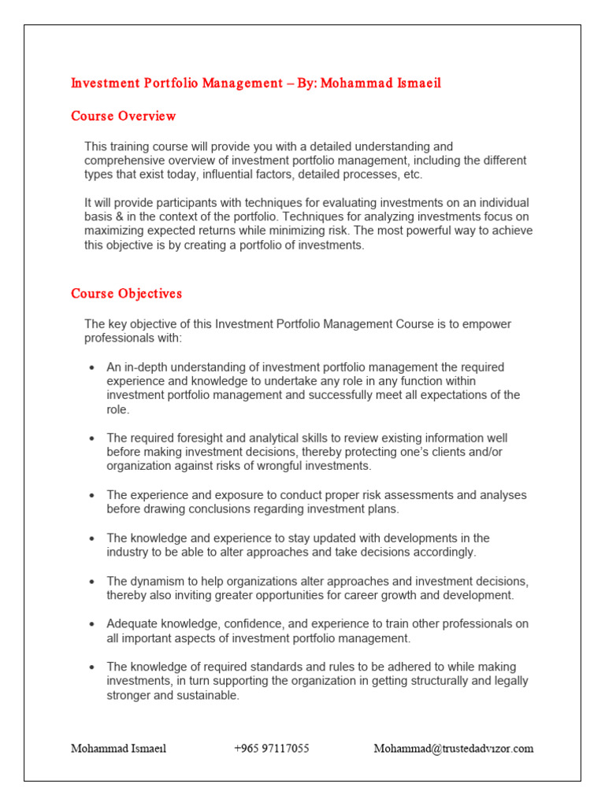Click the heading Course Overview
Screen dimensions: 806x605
124,116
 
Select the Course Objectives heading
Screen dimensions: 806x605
126,294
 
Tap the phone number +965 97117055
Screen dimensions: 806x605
271,749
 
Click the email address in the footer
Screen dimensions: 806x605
453,749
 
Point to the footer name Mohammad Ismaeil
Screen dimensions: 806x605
118,749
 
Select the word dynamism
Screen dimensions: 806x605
156,581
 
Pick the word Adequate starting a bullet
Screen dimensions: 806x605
132,623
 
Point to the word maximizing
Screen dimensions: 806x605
115,231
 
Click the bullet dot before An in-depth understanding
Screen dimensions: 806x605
92,368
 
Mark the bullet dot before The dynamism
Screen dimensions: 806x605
92,582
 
